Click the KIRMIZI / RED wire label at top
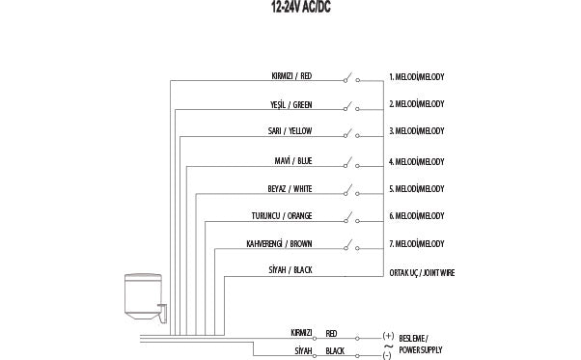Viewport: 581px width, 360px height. [291, 75]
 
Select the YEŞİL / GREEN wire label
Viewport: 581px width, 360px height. [291, 104]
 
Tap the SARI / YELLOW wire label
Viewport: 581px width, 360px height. [290, 131]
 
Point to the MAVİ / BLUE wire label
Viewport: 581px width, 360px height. [293, 160]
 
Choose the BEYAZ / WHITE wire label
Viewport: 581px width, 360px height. [290, 188]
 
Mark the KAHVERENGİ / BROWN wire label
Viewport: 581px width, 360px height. [279, 244]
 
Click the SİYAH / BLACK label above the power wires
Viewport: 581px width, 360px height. [290, 271]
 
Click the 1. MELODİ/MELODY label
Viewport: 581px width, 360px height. [416, 76]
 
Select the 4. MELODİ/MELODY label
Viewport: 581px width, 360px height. [416, 161]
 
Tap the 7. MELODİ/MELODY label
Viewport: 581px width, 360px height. [416, 244]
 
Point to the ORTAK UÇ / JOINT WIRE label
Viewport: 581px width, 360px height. [422, 273]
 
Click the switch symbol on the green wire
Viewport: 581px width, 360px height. [352, 103]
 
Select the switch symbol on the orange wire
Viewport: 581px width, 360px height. [352, 215]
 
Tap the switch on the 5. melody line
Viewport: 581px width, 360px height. [352, 187]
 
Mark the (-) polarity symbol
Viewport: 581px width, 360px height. [387, 355]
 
